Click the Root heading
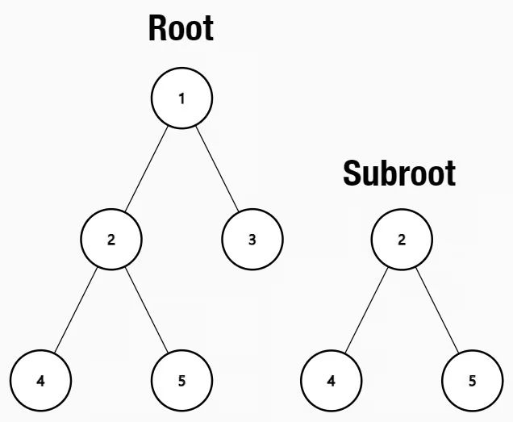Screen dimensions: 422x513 tap(181, 29)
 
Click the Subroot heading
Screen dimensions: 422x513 tap(399, 173)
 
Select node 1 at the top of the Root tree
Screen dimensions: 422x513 tap(181, 98)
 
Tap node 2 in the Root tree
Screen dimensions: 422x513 tap(111, 239)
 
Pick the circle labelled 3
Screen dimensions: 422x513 tap(252, 239)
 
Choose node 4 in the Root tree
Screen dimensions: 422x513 tap(40, 379)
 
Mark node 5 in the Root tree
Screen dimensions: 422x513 tap(181, 379)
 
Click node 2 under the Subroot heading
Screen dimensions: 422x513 tap(401, 239)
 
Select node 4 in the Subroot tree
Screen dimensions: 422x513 tap(331, 379)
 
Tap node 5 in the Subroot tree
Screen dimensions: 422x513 tap(472, 379)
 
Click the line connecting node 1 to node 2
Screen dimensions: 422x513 tap(147, 168)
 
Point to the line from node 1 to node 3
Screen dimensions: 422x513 tap(217, 168)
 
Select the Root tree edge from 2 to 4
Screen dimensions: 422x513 tap(76, 309)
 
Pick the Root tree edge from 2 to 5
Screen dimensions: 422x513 tap(147, 309)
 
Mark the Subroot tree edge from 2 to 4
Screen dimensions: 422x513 tap(366, 309)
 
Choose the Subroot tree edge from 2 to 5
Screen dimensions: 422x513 tap(436, 309)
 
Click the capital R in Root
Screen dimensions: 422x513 tap(157, 29)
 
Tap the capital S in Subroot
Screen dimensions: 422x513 tap(352, 173)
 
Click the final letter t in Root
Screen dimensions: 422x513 tap(208, 29)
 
